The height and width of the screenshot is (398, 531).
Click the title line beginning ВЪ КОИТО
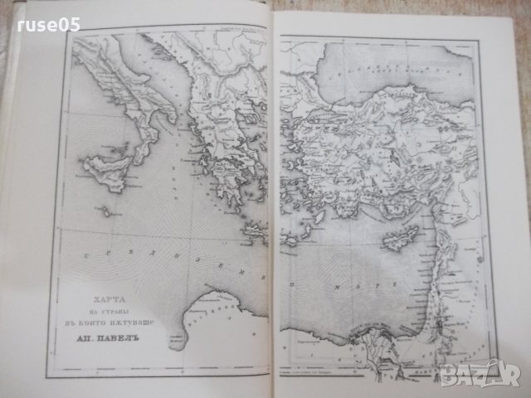click(x=112, y=316)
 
